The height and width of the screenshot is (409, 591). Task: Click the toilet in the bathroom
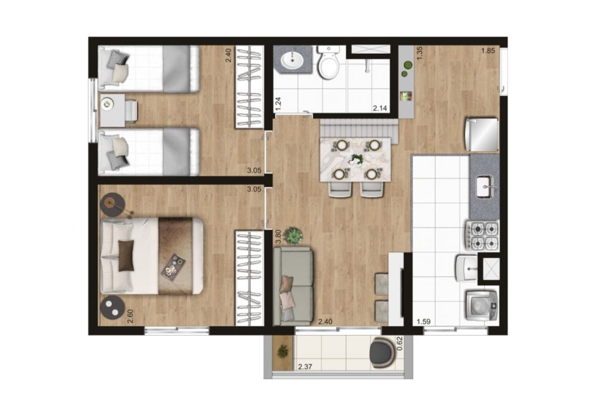coord(328,62)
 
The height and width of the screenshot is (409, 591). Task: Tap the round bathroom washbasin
coord(292,59)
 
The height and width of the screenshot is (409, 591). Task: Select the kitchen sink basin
coord(485,186)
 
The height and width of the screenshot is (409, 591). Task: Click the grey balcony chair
coord(383,352)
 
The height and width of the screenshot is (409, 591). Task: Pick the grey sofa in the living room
coord(293,286)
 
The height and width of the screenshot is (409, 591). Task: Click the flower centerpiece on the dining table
coord(356,159)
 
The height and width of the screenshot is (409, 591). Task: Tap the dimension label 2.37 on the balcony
coord(305,366)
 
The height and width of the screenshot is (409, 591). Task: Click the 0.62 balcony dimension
coord(401,344)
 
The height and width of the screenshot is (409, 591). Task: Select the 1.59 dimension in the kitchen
coord(423,322)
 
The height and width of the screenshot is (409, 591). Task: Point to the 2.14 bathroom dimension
coord(380,108)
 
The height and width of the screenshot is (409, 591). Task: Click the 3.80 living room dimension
coord(278,237)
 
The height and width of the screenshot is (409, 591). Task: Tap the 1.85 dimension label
coord(488,51)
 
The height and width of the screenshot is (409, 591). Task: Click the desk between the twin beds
coord(113,110)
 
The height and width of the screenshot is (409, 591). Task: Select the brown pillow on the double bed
coord(126,256)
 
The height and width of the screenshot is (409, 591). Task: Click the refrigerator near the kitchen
coord(482,134)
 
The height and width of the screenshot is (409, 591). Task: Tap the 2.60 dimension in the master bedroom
coord(130,316)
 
